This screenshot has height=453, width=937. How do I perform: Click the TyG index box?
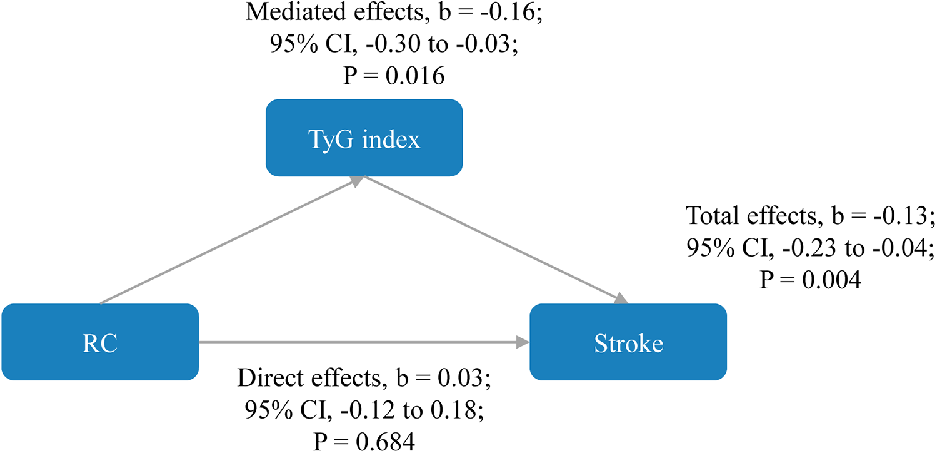pyautogui.click(x=364, y=138)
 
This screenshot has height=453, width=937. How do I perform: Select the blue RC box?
pyautogui.click(x=100, y=342)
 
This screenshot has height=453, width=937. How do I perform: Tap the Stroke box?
pyautogui.click(x=628, y=342)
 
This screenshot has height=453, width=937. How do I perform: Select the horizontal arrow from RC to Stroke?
pyautogui.click(x=363, y=342)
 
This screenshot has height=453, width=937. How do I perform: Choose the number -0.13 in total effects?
pyautogui.click(x=905, y=216)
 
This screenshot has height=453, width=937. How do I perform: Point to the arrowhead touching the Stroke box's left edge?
pyautogui.click(x=524, y=342)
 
